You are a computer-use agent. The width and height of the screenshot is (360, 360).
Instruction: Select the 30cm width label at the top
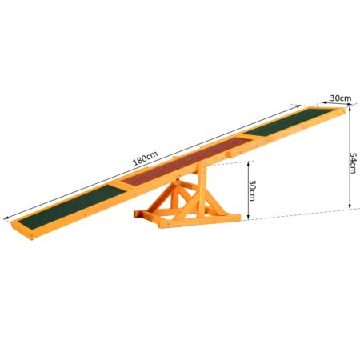pos(340,98)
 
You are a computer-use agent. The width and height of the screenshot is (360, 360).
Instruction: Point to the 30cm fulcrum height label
pos(252,190)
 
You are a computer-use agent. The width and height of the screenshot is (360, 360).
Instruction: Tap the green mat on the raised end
pos(282,125)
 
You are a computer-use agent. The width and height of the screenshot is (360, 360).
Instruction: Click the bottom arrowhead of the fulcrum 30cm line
pos(247,218)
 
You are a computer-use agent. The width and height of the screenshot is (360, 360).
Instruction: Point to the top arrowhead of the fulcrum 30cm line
pos(247,162)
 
